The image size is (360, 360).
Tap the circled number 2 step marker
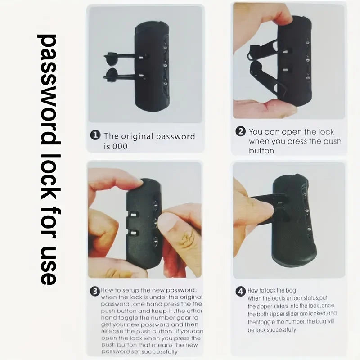(x=241, y=132)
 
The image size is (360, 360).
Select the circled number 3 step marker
(x=94, y=291)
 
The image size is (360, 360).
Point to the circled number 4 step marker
(x=241, y=291)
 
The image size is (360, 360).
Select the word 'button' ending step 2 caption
(x=261, y=151)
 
